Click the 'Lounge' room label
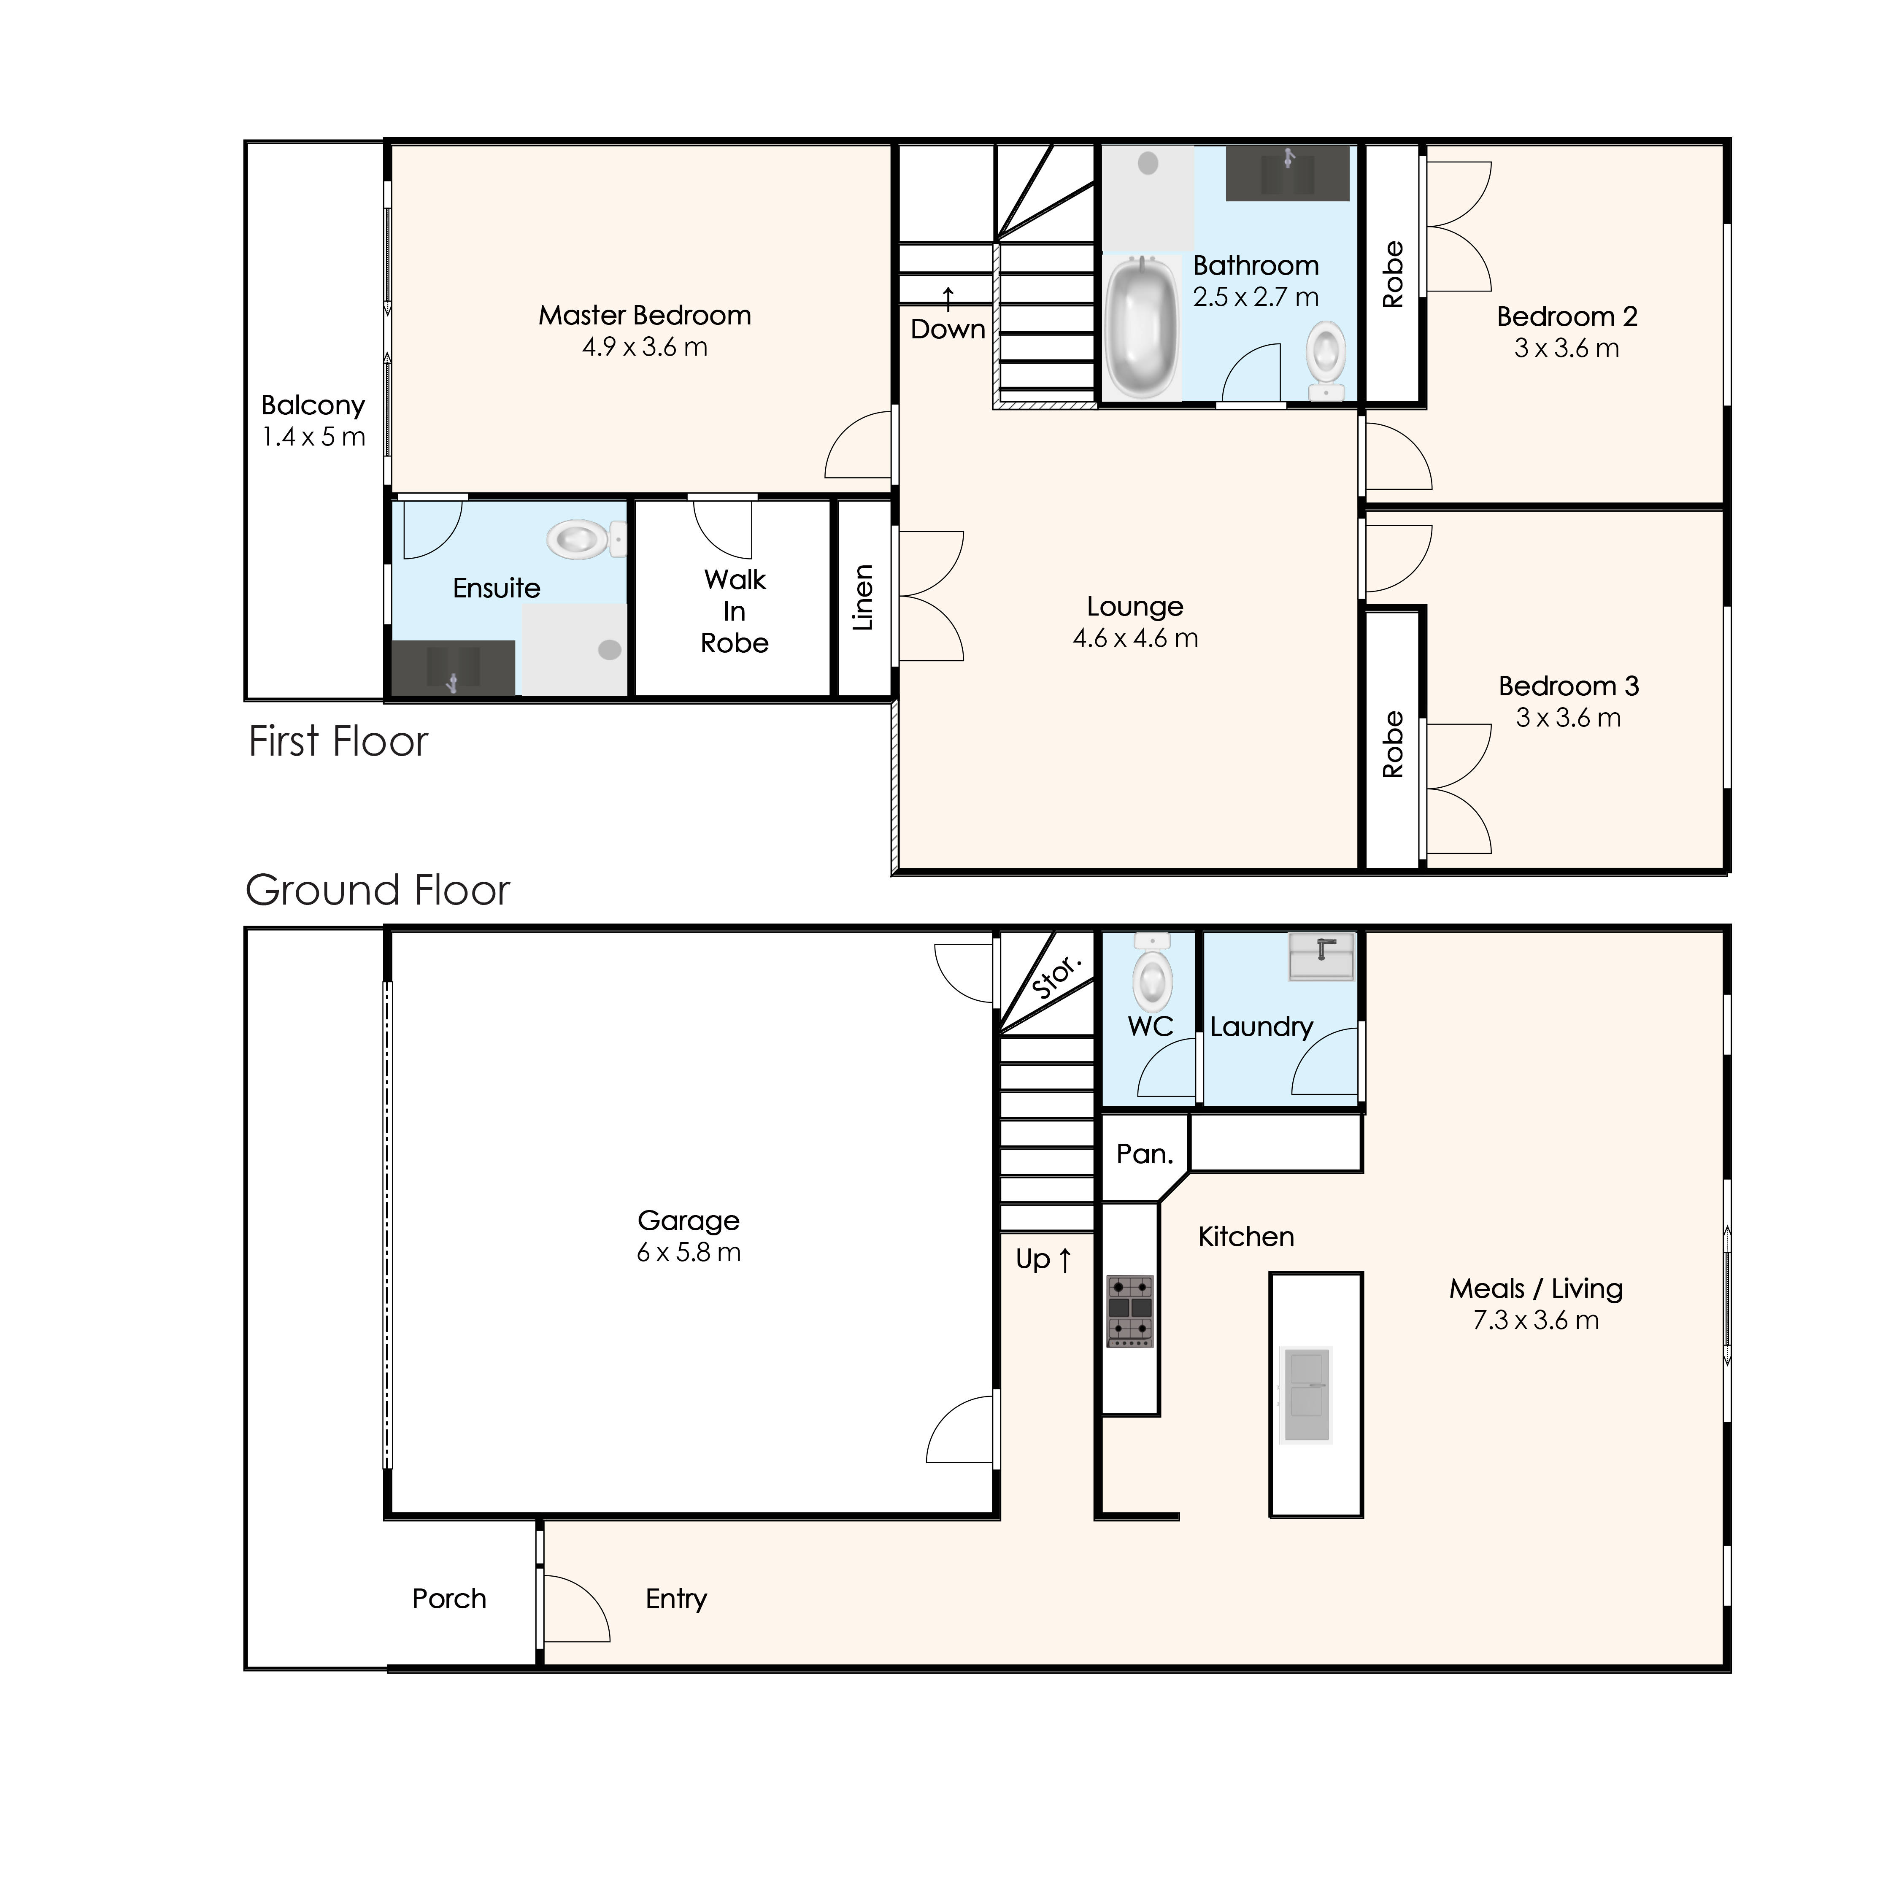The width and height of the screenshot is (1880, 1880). click(x=1134, y=606)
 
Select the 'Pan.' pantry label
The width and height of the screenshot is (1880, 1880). click(x=1144, y=1154)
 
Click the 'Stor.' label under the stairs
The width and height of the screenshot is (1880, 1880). click(x=1056, y=976)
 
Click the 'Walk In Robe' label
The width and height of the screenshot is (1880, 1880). click(x=735, y=611)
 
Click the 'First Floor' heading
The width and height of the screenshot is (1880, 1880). click(x=338, y=741)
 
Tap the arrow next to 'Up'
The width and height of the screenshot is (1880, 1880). click(x=1064, y=1260)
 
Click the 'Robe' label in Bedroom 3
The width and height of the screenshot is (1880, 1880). click(x=1394, y=744)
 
